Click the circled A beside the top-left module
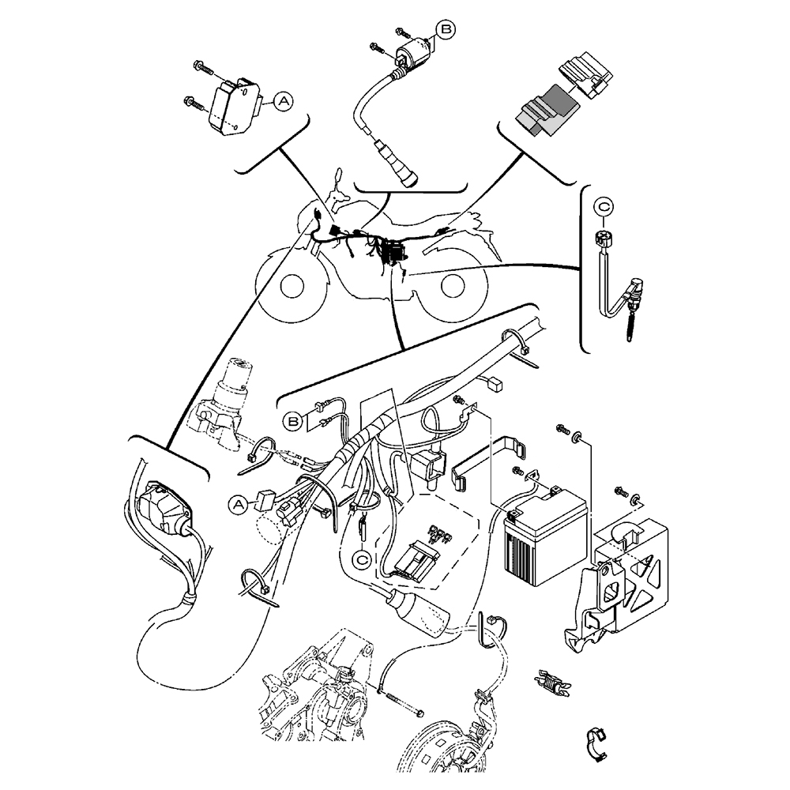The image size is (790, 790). coord(283,100)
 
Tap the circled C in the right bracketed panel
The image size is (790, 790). coord(604,207)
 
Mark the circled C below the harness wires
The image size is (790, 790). coord(362,559)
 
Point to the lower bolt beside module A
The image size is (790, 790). coord(197,101)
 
